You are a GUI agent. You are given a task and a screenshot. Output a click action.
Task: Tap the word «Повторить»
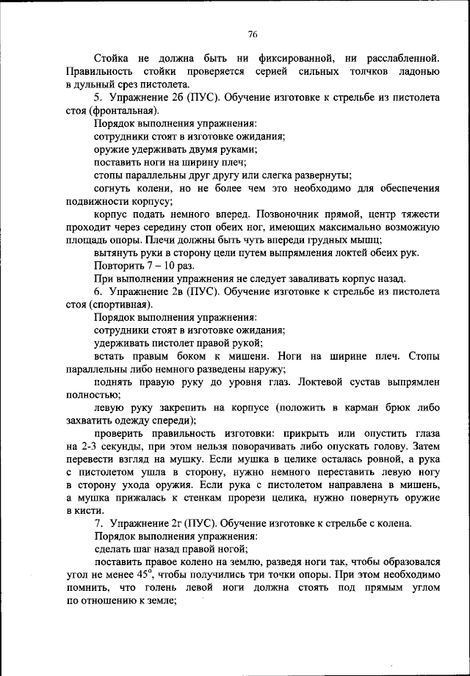click(120, 266)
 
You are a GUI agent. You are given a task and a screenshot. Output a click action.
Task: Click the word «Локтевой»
click(322, 382)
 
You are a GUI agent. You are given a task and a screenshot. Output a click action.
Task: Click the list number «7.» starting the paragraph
click(98, 523)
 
